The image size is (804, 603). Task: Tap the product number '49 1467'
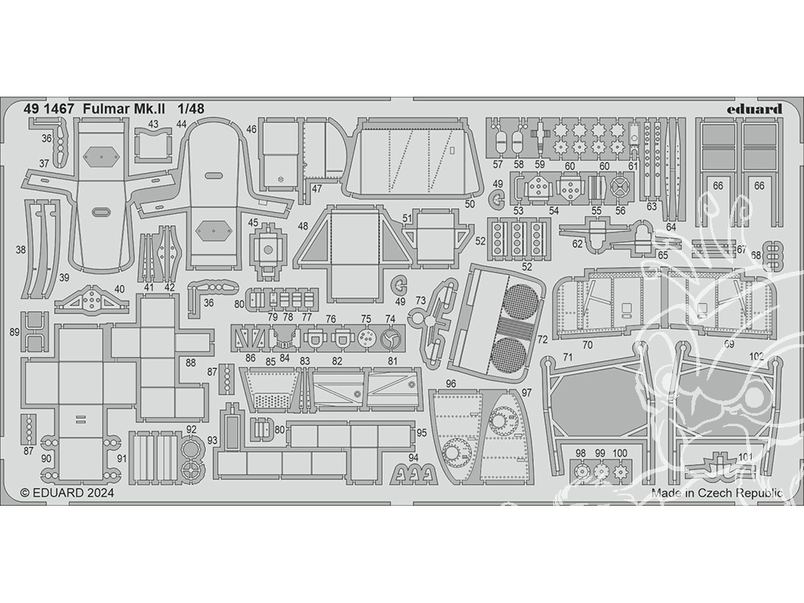[x=49, y=109]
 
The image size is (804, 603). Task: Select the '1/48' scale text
[x=191, y=109]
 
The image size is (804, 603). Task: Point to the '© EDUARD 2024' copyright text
[x=68, y=493]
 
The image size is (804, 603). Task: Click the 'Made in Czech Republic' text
[x=717, y=494]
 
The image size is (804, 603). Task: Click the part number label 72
[x=543, y=339]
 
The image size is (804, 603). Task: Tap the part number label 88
[x=191, y=363]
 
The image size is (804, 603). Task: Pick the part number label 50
[x=470, y=204]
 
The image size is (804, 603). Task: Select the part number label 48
[x=302, y=226]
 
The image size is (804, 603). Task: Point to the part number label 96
[x=451, y=384]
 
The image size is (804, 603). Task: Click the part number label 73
[x=420, y=301]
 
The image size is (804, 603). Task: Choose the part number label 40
[x=119, y=289]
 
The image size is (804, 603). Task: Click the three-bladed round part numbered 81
[x=392, y=339]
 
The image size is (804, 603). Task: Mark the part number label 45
[x=252, y=223]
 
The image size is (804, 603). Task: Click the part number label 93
[x=212, y=440]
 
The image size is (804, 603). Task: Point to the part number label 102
[x=757, y=357]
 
